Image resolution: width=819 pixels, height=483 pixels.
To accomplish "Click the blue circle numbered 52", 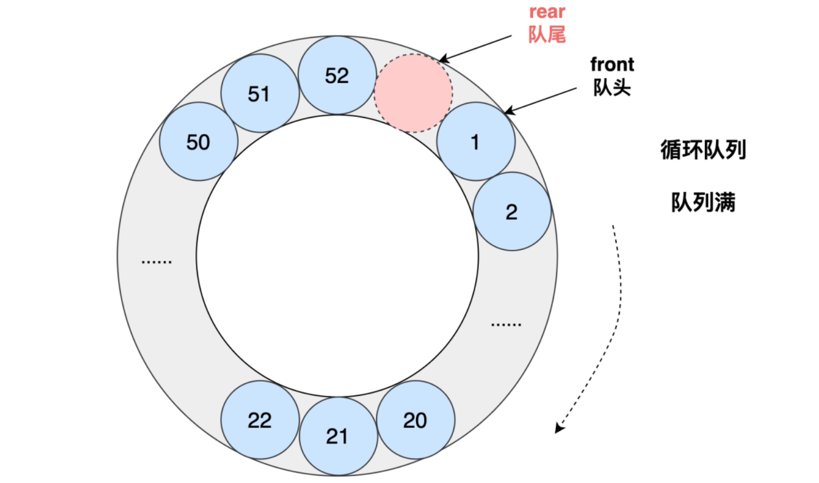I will [337, 76].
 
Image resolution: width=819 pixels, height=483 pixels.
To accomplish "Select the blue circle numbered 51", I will [260, 93].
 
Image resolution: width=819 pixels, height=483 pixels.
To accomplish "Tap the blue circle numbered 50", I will [198, 142].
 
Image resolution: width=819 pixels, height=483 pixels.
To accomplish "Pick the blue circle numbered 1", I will [475, 142].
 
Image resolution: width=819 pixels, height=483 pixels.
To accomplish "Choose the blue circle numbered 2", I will [512, 212].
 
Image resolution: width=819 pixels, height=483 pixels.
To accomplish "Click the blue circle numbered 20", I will [415, 420].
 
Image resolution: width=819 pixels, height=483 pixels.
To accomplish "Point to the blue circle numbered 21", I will [338, 436].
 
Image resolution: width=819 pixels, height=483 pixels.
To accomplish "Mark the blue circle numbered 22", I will [260, 420].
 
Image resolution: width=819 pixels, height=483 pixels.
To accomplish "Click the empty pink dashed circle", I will [413, 93].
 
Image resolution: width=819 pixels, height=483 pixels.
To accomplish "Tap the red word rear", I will [547, 12].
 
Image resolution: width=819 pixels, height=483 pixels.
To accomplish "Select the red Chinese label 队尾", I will [547, 34].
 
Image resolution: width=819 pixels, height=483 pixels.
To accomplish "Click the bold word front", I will [612, 65].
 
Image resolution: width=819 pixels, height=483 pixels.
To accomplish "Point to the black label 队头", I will [612, 87].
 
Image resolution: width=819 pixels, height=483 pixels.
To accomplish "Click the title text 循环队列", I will [703, 149].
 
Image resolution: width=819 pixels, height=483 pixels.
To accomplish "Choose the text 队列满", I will [703, 202].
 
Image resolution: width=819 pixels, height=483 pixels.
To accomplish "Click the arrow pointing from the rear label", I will [475, 49].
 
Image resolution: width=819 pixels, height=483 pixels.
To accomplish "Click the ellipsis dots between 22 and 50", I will [157, 262].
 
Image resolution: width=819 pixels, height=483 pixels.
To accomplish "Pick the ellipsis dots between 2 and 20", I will [506, 325].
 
